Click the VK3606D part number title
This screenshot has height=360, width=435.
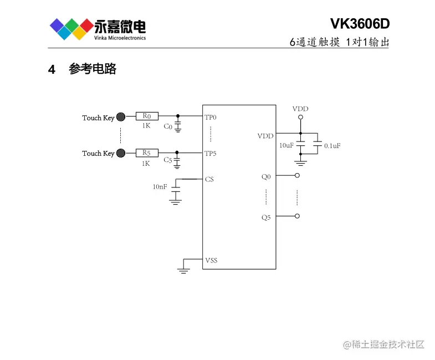click(360, 24)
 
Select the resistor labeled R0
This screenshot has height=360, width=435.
click(147, 116)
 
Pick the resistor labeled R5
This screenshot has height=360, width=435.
click(147, 153)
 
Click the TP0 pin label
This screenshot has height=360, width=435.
click(211, 118)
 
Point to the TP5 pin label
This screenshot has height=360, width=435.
click(211, 154)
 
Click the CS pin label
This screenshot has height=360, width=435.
click(209, 179)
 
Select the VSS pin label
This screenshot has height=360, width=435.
click(211, 260)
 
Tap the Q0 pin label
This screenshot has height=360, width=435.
click(266, 177)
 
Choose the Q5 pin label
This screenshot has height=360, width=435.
click(266, 217)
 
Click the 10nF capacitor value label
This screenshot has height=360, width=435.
click(160, 187)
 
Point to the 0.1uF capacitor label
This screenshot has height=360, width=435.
click(332, 145)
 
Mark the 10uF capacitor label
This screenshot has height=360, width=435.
click(286, 145)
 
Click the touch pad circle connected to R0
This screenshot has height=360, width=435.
click(121, 117)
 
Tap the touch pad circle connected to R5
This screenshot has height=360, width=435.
click(121, 153)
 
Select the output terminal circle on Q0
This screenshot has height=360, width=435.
click(298, 175)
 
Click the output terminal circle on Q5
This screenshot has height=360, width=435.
click(298, 216)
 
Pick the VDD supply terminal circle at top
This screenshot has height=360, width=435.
click(300, 118)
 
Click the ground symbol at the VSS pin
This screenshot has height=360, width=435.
click(183, 270)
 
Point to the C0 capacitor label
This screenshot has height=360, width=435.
click(168, 126)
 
